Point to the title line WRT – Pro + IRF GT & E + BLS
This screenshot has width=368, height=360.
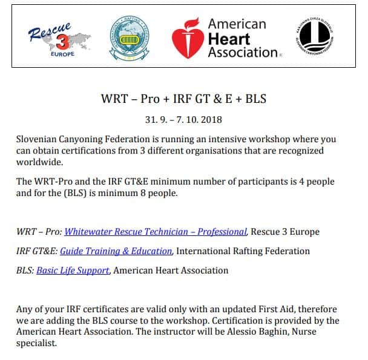[x=183, y=99]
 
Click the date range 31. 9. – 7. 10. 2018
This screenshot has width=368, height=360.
[x=183, y=119]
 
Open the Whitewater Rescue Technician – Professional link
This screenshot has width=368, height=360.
[x=156, y=231]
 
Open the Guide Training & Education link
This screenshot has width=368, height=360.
[x=116, y=250]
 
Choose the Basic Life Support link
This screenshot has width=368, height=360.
[x=73, y=270]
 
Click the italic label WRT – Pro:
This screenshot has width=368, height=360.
[x=39, y=231]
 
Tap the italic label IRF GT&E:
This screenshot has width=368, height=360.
[x=36, y=250]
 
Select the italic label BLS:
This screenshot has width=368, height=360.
[x=25, y=270]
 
